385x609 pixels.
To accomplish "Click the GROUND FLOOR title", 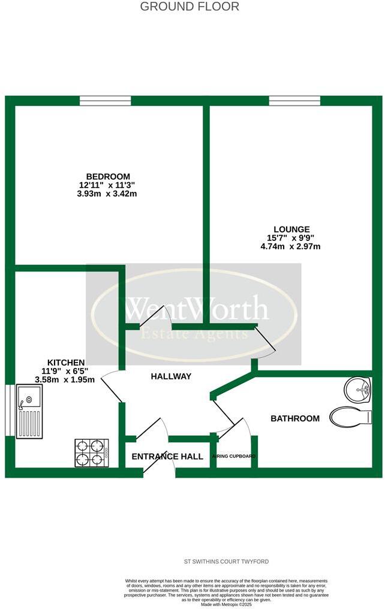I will (x=190, y=7).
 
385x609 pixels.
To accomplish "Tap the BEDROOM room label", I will (x=108, y=176).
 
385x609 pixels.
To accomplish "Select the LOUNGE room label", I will (x=291, y=229).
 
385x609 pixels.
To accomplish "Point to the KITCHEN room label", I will (x=66, y=363).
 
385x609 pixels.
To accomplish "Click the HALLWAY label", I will (x=171, y=376).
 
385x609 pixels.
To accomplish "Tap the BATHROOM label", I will (x=295, y=418).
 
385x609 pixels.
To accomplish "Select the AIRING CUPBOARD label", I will (x=234, y=457).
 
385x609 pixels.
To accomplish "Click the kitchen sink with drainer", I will (x=29, y=411).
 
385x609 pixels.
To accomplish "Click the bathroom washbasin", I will (x=358, y=390).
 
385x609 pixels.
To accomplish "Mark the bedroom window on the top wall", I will (x=105, y=101).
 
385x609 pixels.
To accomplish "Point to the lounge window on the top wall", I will (x=294, y=101).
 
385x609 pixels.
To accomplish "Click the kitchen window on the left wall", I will (x=9, y=410).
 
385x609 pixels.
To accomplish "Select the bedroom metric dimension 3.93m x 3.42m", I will (x=108, y=194).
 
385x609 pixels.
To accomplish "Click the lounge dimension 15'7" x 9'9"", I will (x=291, y=237).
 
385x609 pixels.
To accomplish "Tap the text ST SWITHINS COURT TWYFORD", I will (x=226, y=562).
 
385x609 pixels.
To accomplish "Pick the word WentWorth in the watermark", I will (x=195, y=309).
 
